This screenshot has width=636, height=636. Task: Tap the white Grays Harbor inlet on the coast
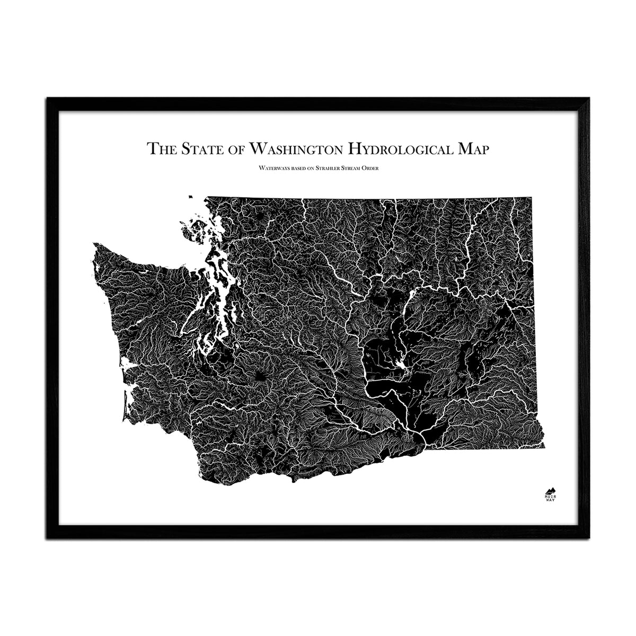pyautogui.click(x=127, y=366)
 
